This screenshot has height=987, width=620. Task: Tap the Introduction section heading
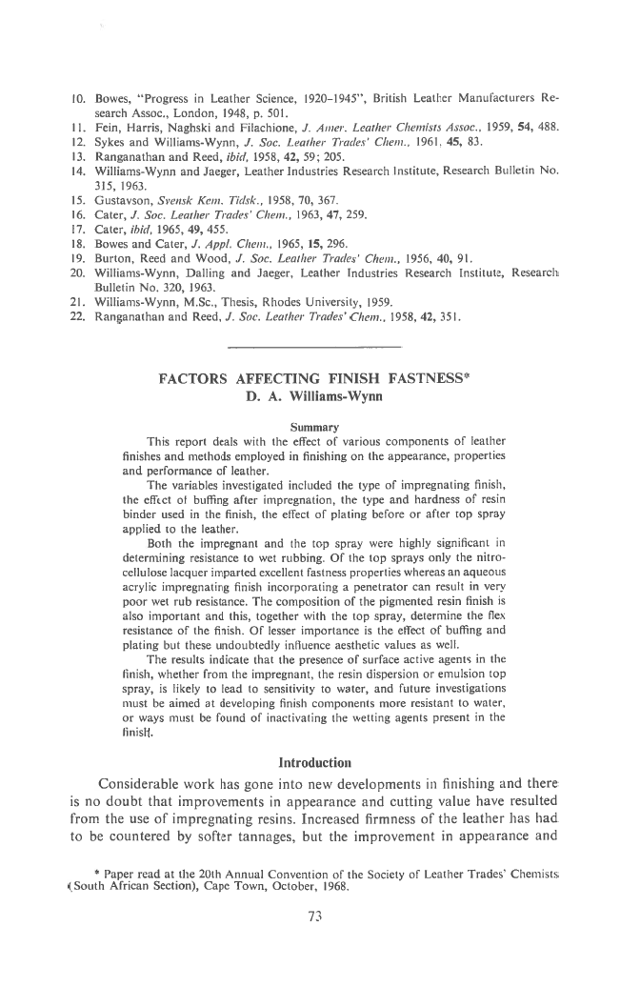pos(310,763)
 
